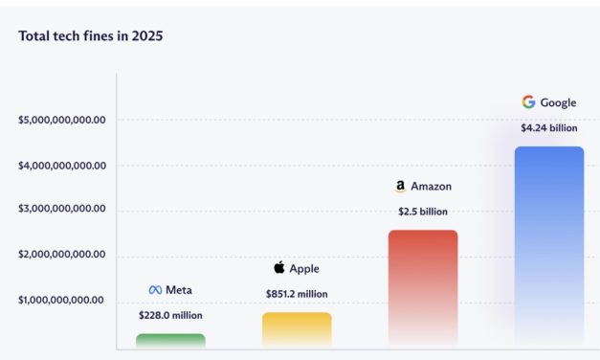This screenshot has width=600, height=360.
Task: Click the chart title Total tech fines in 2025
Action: pyautogui.click(x=90, y=35)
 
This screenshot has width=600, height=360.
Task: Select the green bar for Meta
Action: pyautogui.click(x=170, y=340)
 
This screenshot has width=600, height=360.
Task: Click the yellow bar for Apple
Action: pyautogui.click(x=297, y=328)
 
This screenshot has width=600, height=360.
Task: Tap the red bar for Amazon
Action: pyautogui.click(x=423, y=287)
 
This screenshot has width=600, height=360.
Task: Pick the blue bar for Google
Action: pyautogui.click(x=548, y=245)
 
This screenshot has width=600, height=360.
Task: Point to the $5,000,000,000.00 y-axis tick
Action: pyautogui.click(x=61, y=121)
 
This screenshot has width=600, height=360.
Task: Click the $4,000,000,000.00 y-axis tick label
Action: pyautogui.click(x=61, y=166)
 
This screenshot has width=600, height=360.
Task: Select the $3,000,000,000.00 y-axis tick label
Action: pyautogui.click(x=61, y=210)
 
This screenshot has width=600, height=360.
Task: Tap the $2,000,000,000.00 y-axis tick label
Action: pyautogui.click(x=61, y=256)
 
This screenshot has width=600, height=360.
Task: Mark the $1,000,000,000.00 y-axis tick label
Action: pyautogui.click(x=61, y=300)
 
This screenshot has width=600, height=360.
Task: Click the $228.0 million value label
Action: pyautogui.click(x=170, y=315)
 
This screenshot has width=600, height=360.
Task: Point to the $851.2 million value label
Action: pyautogui.click(x=297, y=294)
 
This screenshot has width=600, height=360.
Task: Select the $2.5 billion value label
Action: pyautogui.click(x=423, y=212)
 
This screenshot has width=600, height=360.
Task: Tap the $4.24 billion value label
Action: pyautogui.click(x=548, y=127)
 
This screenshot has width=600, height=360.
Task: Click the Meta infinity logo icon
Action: pyautogui.click(x=155, y=290)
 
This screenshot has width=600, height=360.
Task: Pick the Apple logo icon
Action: pyautogui.click(x=279, y=268)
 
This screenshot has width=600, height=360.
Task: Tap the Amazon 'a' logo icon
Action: pyautogui.click(x=400, y=187)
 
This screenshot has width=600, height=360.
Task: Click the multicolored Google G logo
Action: pyautogui.click(x=528, y=102)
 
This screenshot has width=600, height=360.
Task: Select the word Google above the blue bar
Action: pyautogui.click(x=559, y=102)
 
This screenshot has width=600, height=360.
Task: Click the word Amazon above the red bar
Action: pyautogui.click(x=433, y=187)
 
